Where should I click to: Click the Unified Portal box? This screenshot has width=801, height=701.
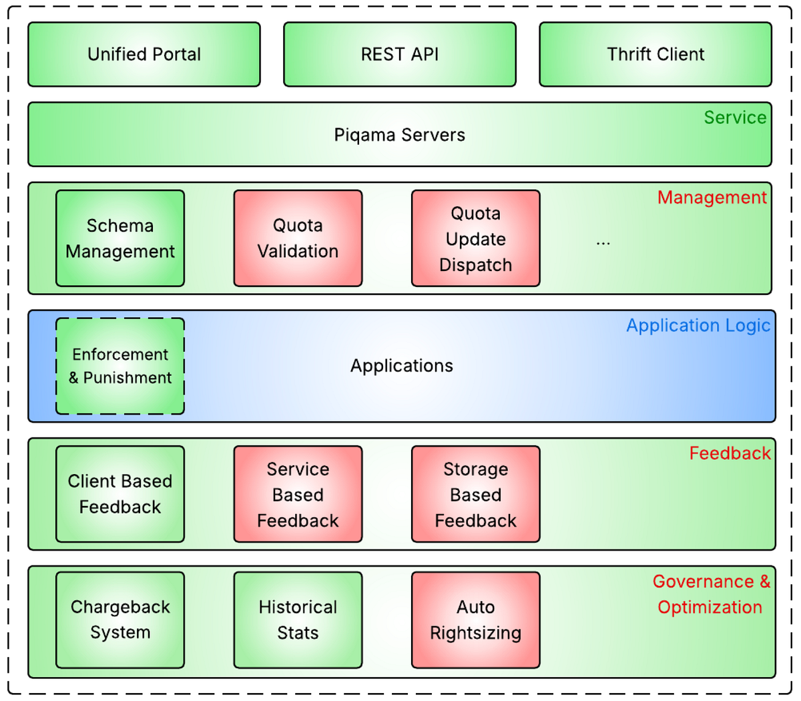[144, 55]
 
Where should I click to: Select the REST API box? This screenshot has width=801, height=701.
[400, 55]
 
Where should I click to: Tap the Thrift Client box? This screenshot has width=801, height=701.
[655, 55]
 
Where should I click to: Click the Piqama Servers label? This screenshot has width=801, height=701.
[399, 135]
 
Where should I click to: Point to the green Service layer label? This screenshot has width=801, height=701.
[735, 118]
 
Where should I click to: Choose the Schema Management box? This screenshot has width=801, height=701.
[120, 238]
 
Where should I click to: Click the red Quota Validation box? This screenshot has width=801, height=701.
[298, 238]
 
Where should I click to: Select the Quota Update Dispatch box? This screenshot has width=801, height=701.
[475, 238]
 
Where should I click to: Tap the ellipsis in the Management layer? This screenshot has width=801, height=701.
[603, 242]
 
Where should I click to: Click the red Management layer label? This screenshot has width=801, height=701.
[712, 198]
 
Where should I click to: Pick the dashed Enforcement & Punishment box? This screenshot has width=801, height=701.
[120, 366]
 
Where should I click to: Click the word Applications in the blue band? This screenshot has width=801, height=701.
[402, 366]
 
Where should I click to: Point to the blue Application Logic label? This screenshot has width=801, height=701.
[698, 326]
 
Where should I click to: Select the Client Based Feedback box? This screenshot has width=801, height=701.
[120, 494]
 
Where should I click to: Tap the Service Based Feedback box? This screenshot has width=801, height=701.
[298, 494]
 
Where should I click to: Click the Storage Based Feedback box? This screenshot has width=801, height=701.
[475, 494]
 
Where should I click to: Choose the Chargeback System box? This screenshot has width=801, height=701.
[120, 620]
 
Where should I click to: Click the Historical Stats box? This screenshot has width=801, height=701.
[298, 620]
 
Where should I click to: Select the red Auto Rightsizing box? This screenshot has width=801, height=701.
[475, 620]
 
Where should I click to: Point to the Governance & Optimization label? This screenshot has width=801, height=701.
[711, 594]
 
